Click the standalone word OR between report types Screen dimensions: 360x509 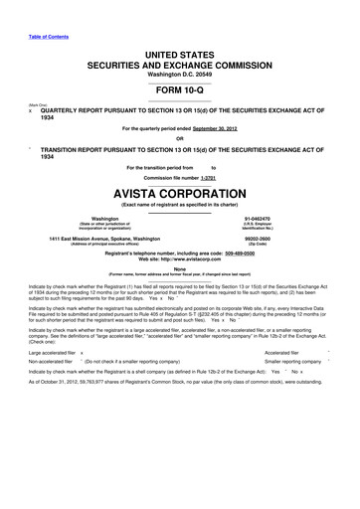[180, 138]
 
